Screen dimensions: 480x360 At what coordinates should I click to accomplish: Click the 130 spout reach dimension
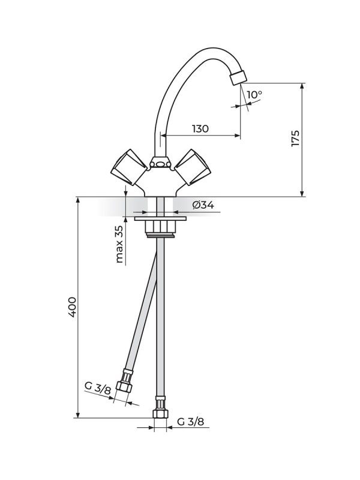point(200,128)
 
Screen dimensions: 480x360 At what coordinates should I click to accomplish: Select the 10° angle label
point(254,95)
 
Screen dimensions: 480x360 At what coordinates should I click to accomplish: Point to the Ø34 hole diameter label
point(203,205)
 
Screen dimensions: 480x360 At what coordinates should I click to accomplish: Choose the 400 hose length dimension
point(73,307)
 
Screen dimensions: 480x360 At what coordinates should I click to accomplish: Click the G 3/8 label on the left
point(97,388)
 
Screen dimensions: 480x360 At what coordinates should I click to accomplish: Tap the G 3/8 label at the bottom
point(191,422)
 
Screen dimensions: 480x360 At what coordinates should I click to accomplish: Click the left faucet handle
point(128,166)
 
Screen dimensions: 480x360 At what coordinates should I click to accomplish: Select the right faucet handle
point(191,165)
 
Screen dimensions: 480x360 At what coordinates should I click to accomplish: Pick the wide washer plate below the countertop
point(160,220)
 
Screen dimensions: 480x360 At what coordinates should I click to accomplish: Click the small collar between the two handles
point(160,163)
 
